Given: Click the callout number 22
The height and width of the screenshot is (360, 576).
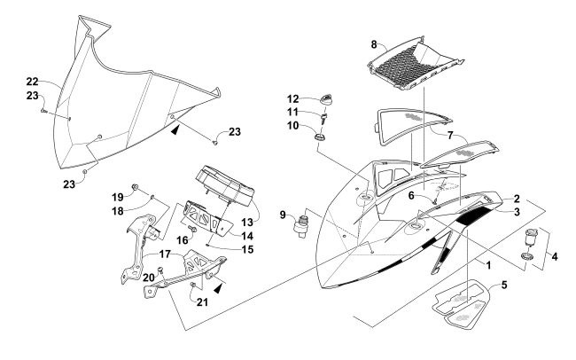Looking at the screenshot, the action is pyautogui.click(x=32, y=82).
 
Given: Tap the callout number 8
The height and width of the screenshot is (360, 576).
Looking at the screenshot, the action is pyautogui.click(x=374, y=44).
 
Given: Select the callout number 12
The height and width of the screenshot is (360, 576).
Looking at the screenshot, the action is pyautogui.click(x=293, y=99).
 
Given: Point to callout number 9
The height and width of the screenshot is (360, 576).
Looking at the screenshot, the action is pyautogui.click(x=283, y=215).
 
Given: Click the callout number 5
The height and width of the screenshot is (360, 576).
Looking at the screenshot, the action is pyautogui.click(x=504, y=285).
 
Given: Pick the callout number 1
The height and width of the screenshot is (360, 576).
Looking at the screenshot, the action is pyautogui.click(x=488, y=265).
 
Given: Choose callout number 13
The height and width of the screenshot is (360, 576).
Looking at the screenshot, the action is pyautogui.click(x=247, y=222).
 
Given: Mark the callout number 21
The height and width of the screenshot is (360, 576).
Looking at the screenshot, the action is pyautogui.click(x=202, y=301).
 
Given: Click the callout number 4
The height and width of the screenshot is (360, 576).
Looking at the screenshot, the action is pyautogui.click(x=555, y=256).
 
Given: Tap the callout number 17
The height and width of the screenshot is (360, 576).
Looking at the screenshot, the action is pyautogui.click(x=166, y=254).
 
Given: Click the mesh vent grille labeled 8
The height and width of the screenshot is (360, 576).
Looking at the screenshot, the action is pyautogui.click(x=416, y=64).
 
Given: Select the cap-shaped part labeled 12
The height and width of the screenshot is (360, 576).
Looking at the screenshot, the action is pyautogui.click(x=327, y=99).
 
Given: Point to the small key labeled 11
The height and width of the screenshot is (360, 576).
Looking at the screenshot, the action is pyautogui.click(x=324, y=119).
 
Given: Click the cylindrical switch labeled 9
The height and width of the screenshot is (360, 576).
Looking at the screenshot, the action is pyautogui.click(x=300, y=223).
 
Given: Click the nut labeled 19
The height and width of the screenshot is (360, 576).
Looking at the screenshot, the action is pyautogui.click(x=135, y=186).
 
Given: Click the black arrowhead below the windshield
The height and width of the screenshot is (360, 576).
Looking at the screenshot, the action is pyautogui.click(x=176, y=129).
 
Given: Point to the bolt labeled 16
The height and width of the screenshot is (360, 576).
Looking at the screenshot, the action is pyautogui.click(x=192, y=229).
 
